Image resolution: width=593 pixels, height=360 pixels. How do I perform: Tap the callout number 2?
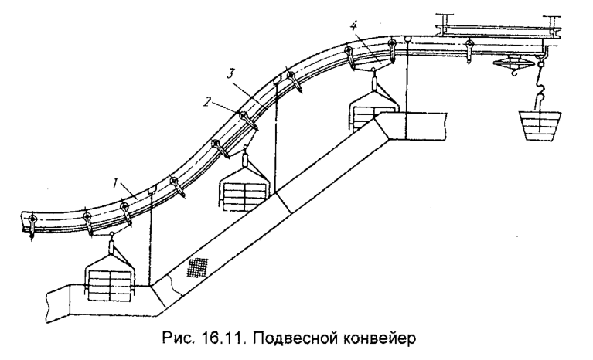coord(208,101)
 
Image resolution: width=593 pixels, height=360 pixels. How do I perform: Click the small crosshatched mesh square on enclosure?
coord(198,267)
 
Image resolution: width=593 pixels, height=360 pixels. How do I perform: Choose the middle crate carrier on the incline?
coord(244,190)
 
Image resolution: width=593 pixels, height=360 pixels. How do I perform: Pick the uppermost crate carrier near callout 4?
coord(373,108)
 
